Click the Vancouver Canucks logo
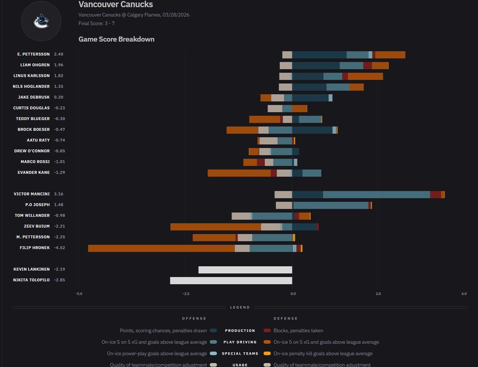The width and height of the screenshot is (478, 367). click(41, 21)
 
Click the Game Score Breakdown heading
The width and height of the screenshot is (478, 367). click(116, 39)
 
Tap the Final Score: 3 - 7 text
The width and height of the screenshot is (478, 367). click(96, 23)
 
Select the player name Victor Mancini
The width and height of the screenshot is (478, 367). click(32, 194)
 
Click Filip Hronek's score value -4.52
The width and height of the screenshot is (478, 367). click(60, 248)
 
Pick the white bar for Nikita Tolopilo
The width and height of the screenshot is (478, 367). click(231, 281)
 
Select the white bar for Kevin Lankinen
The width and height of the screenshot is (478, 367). click(245, 270)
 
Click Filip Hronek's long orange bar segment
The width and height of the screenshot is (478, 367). click(161, 248)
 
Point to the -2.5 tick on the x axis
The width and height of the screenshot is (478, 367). click(185, 294)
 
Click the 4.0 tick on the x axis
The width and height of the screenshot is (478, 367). click(464, 294)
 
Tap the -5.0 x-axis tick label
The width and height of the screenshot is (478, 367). click(79, 294)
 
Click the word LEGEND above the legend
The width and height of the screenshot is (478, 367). click(240, 308)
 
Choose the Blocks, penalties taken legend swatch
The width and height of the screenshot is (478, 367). click(267, 330)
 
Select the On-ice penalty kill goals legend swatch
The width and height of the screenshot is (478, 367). click(267, 353)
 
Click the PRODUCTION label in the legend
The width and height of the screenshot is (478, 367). click(240, 330)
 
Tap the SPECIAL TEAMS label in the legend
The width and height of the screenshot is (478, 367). click(240, 353)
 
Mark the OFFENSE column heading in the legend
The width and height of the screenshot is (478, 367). click(194, 318)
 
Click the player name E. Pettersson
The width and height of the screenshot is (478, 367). click(33, 54)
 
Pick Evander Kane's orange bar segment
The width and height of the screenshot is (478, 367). click(239, 173)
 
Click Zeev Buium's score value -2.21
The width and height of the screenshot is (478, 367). click(60, 226)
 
